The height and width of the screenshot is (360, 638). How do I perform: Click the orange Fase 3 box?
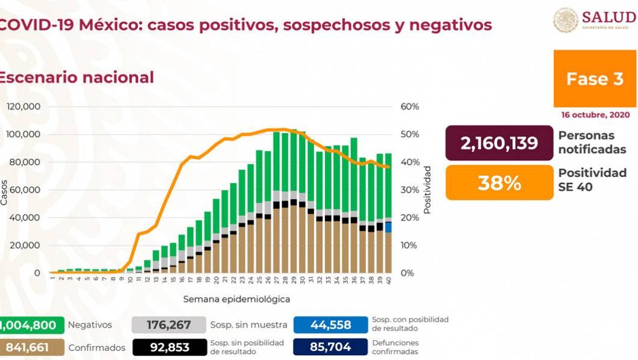(595, 79)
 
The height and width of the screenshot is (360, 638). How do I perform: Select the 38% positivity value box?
(499, 182)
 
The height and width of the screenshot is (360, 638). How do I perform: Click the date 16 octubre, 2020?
(595, 114)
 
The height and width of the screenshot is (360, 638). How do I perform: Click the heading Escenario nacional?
(76, 78)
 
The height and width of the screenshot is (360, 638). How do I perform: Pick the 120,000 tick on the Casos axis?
(23, 107)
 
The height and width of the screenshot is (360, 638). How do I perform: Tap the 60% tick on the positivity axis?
(410, 107)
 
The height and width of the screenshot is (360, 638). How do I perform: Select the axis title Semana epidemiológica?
(237, 299)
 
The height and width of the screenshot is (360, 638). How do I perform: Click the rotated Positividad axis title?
(427, 190)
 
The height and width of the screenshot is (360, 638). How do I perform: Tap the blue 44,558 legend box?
(330, 325)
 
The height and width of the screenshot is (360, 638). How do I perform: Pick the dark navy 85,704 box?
(330, 347)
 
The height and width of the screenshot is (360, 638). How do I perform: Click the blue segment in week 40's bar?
(389, 227)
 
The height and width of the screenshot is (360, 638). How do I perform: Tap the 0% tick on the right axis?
(407, 273)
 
